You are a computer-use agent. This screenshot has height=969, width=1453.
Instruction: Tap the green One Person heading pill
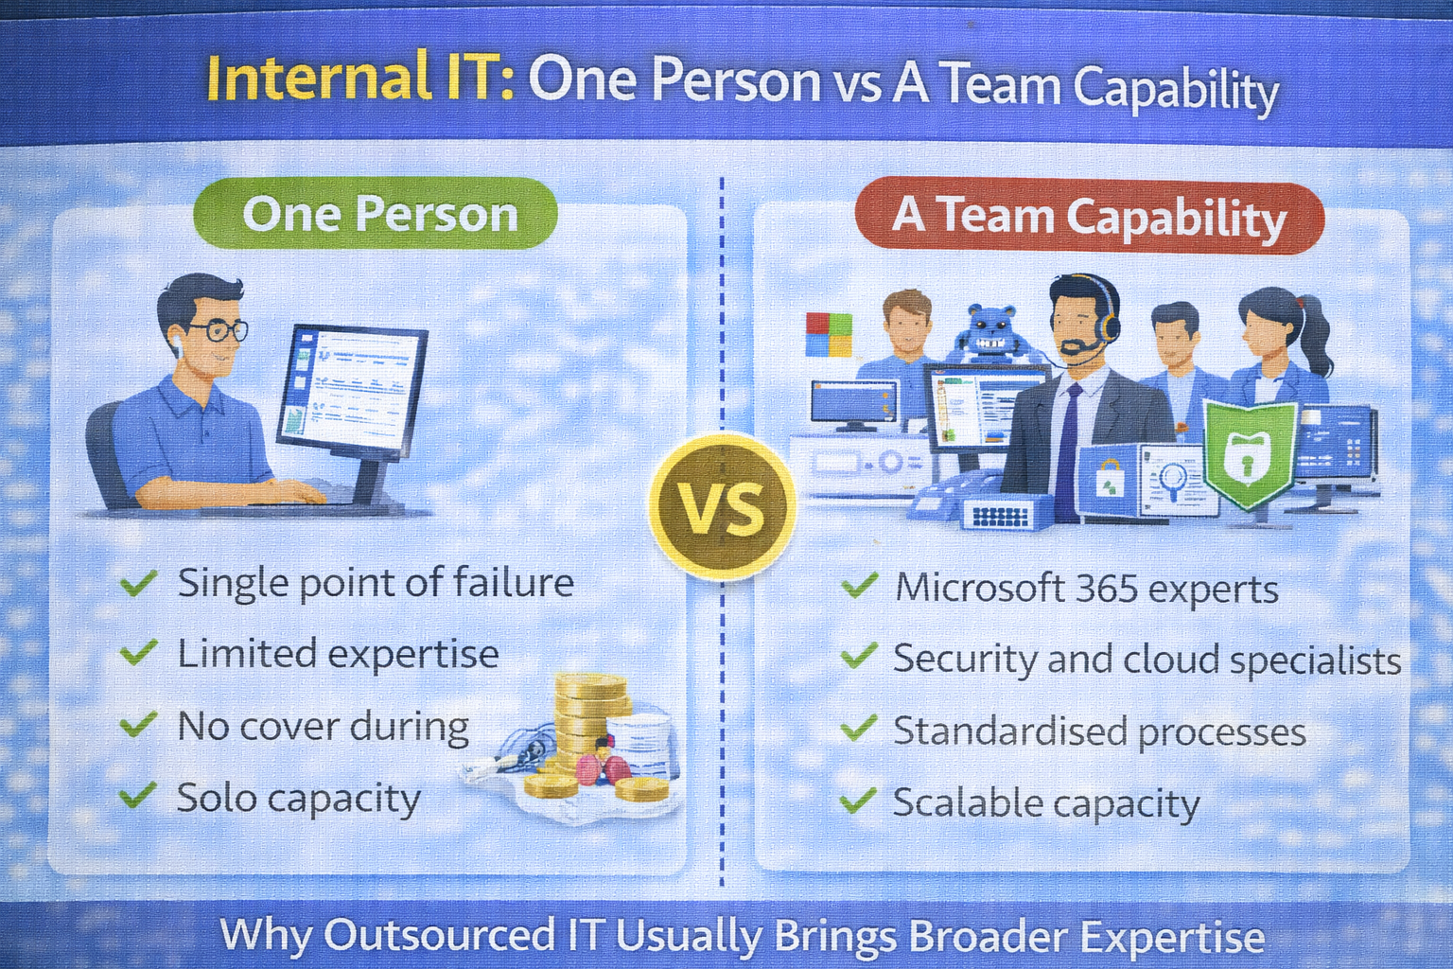click(376, 214)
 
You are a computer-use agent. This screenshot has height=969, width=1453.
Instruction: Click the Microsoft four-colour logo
click(828, 335)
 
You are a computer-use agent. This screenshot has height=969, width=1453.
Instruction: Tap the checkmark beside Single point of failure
click(138, 583)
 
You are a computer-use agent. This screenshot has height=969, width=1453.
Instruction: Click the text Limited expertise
click(338, 655)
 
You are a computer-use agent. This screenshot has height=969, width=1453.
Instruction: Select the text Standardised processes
click(1099, 731)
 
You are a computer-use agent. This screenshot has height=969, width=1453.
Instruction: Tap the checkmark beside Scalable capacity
click(858, 802)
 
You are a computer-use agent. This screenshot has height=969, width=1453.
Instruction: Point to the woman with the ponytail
click(1279, 341)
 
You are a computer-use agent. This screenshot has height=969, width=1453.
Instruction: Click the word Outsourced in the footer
click(440, 935)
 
